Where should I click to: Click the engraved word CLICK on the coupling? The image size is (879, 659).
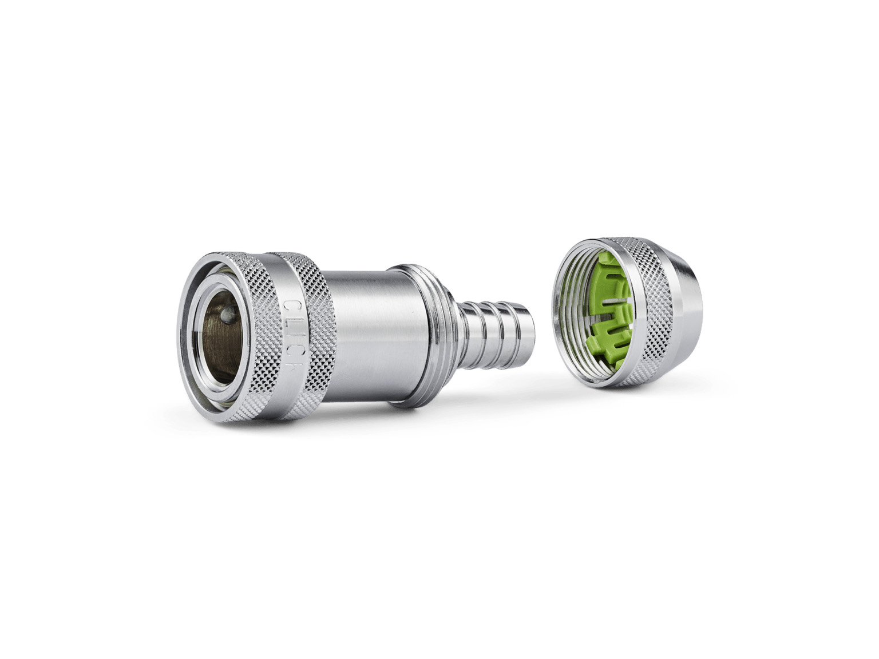click(x=294, y=334)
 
